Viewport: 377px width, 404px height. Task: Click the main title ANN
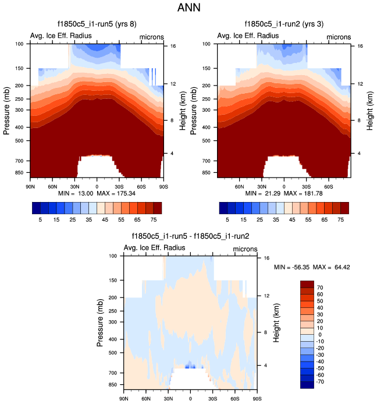tap(188, 8)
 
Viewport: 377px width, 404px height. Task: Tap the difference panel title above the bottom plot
tap(191, 236)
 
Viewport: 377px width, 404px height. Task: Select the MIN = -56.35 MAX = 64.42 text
tap(312, 267)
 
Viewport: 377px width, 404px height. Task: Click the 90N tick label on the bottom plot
tap(123, 399)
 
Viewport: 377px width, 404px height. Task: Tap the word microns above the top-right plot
tap(338, 37)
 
